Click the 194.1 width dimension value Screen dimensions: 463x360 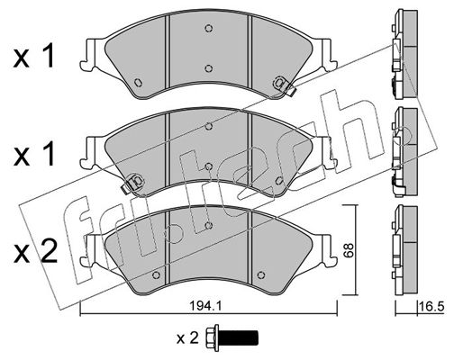[x=205, y=306]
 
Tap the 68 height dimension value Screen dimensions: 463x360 [x=349, y=250]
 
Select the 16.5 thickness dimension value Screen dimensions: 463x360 [x=431, y=307]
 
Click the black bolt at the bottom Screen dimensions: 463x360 [x=231, y=337]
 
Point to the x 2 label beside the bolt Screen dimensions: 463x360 [x=187, y=338]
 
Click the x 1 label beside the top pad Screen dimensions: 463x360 [x=33, y=56]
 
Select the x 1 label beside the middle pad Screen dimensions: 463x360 [x=33, y=154]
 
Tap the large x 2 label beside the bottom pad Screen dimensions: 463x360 [x=35, y=252]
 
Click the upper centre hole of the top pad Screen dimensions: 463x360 [x=209, y=28]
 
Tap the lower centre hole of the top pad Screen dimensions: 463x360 [x=209, y=68]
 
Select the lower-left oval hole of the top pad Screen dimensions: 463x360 [x=138, y=83]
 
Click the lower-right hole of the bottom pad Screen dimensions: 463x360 [x=261, y=274]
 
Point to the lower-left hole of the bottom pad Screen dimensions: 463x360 [x=156, y=274]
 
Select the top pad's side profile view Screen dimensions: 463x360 [x=404, y=54]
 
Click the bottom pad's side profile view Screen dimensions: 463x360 [x=404, y=250]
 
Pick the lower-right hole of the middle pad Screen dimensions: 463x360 [x=279, y=181]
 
